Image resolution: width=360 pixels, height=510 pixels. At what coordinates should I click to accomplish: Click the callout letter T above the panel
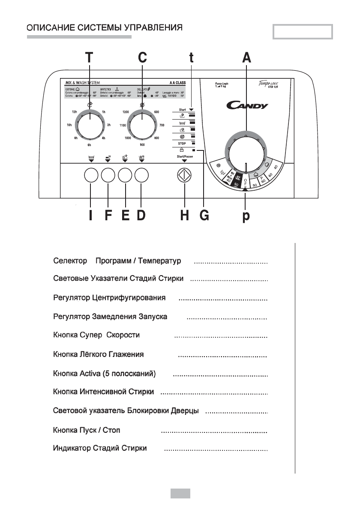coord(89,58)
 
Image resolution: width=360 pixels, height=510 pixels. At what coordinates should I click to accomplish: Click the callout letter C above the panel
coord(143,58)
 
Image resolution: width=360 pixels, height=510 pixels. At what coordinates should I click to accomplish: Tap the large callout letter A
coord(246,58)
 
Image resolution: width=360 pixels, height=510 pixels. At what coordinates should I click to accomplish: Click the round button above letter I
coord(91,176)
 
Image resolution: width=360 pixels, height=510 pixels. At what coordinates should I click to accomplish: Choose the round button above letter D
coord(142,176)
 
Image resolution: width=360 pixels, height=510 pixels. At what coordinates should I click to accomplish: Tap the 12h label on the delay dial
coord(75,111)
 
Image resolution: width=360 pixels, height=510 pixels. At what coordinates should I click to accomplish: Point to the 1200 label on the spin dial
coord(126,111)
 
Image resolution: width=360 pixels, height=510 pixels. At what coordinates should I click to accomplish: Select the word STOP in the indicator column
coord(181,143)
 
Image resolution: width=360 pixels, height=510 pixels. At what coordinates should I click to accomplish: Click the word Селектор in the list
coord(70,261)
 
